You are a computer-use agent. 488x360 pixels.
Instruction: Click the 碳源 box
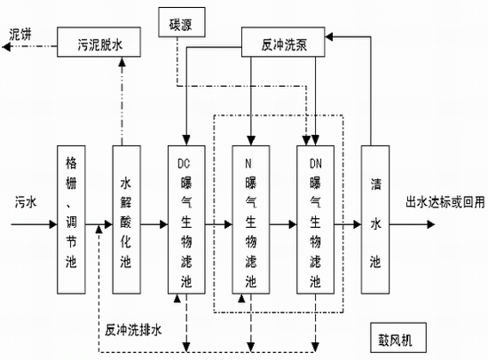pos(182,22)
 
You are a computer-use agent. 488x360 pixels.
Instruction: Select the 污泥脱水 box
pos(99,42)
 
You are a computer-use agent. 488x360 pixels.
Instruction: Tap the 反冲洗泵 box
pos(283,42)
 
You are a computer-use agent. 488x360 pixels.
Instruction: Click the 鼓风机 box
pos(398,338)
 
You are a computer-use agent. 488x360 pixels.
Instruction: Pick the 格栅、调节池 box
pos(71,220)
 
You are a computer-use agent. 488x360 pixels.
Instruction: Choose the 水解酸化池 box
pos(126,220)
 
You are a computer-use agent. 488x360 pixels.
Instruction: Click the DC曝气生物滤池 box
pos(186,220)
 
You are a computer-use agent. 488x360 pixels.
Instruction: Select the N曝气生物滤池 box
pos(251,220)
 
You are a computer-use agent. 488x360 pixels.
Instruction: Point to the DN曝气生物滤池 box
pos(315,220)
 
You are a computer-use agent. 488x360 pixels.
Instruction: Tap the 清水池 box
pos(375,220)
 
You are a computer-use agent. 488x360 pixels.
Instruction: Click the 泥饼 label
pos(20,35)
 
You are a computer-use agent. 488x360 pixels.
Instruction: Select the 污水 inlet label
pos(26,202)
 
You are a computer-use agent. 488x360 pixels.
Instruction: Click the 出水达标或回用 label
pos(445,202)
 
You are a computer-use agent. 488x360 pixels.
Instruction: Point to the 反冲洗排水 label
pos(133,330)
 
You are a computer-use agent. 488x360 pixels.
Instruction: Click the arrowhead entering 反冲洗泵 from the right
pos(329,37)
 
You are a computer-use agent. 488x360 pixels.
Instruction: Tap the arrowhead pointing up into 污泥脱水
pos(122,61)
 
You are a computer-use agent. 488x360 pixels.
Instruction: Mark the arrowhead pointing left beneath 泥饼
pos(6,47)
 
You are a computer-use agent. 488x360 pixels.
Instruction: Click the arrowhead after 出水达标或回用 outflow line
pos(431,224)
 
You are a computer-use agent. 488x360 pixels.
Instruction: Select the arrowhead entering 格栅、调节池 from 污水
pos(53,224)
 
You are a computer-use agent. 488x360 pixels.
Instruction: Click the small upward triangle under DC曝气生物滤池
pos(177,299)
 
